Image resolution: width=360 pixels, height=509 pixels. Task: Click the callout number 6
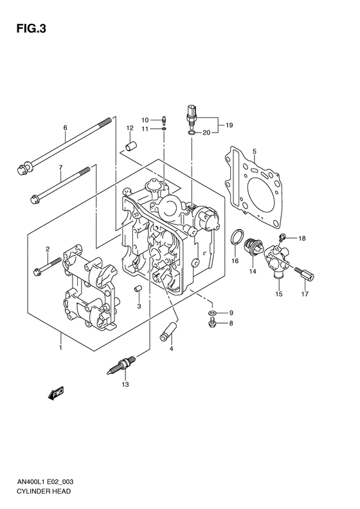pos(65,127)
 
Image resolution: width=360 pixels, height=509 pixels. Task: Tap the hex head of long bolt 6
pos(19,171)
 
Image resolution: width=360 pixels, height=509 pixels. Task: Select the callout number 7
pos(60,168)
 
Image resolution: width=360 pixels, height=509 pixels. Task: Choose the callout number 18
pos(303,238)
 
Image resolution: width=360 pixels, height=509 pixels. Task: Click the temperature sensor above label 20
pos(192,113)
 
